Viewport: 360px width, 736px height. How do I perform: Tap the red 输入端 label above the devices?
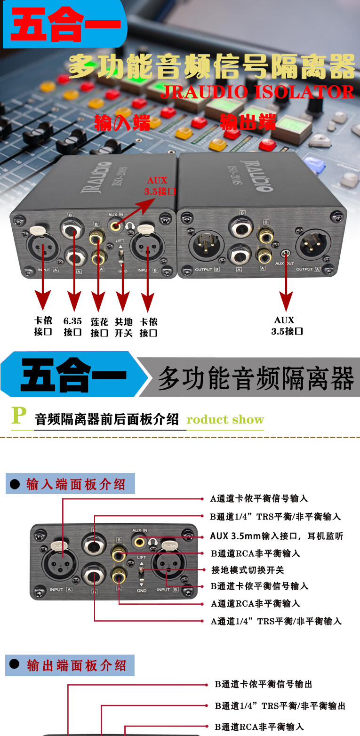pyautogui.click(x=122, y=122)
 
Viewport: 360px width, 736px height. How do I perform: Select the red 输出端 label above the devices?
pyautogui.click(x=248, y=122)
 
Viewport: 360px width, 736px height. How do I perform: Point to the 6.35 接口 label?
pyautogui.click(x=72, y=327)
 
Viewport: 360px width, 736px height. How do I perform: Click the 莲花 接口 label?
pyautogui.click(x=99, y=327)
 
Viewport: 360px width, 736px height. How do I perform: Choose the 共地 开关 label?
pyautogui.click(x=124, y=327)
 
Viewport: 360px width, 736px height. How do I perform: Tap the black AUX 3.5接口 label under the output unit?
pyautogui.click(x=286, y=326)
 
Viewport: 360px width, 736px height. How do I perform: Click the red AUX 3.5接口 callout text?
pyautogui.click(x=159, y=186)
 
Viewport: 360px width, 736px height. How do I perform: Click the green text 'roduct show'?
pyautogui.click(x=225, y=419)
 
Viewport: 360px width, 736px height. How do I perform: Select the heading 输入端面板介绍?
pyautogui.click(x=75, y=484)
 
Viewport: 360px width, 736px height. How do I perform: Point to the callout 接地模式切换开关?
pyautogui.click(x=248, y=570)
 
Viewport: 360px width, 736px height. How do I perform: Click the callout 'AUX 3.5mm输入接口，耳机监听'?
pyautogui.click(x=276, y=536)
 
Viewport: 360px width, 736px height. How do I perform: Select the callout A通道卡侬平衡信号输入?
pyautogui.click(x=259, y=498)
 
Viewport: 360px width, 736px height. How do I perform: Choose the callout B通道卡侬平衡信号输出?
pyautogui.click(x=263, y=684)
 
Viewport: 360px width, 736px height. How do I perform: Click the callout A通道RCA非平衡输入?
pyautogui.click(x=255, y=603)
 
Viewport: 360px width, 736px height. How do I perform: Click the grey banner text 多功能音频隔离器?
pyautogui.click(x=255, y=378)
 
